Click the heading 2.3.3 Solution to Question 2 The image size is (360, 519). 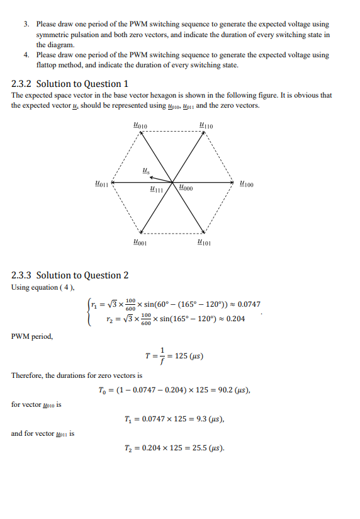[x=70, y=275]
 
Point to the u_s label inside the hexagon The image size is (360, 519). [x=146, y=170]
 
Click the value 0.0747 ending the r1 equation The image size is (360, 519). [x=249, y=304]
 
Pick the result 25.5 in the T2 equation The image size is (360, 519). [x=200, y=448]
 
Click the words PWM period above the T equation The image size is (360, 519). [x=32, y=336]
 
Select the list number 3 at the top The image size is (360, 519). [x=26, y=24]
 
